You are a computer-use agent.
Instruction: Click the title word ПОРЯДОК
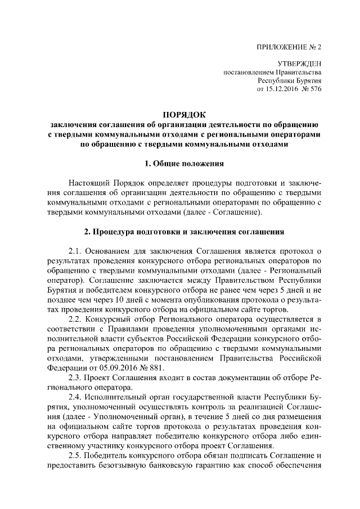(184, 115)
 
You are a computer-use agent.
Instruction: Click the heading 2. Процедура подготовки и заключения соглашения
(184, 232)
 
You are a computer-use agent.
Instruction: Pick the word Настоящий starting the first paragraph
(89, 183)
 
